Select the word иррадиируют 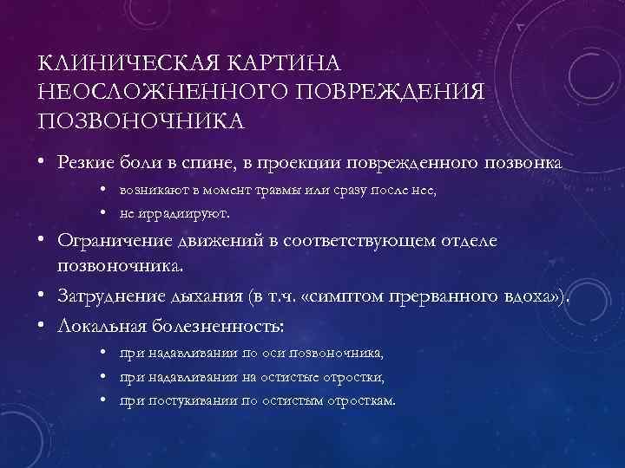[x=183, y=211]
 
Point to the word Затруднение [x=111, y=299]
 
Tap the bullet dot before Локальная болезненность [x=42, y=326]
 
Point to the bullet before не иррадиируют [x=103, y=211]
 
